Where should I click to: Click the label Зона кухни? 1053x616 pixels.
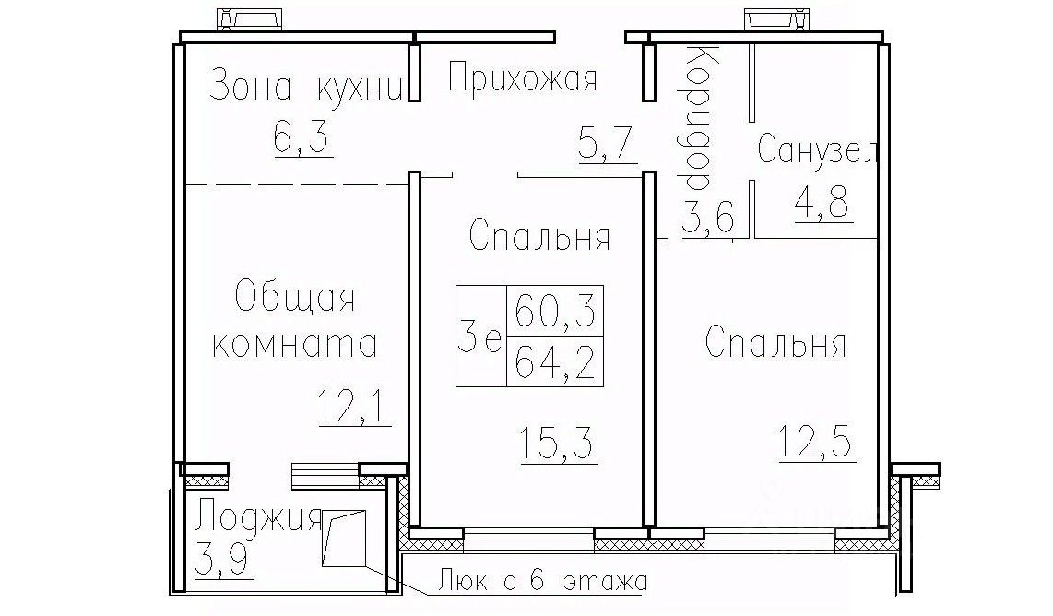click(x=307, y=87)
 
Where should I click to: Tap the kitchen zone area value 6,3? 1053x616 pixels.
click(x=302, y=137)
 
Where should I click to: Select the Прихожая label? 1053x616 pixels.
click(x=522, y=78)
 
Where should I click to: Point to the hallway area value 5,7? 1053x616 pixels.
click(x=607, y=142)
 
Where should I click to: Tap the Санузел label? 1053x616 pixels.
click(x=817, y=148)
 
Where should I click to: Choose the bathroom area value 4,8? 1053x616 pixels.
click(x=823, y=202)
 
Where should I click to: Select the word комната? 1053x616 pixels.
click(x=294, y=344)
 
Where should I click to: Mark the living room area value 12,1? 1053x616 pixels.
click(x=353, y=406)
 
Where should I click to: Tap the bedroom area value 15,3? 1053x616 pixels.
click(x=558, y=444)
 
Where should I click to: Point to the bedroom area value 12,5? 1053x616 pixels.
click(x=816, y=440)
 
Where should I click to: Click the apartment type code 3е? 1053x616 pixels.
click(x=480, y=336)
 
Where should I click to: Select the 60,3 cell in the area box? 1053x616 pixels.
click(x=555, y=311)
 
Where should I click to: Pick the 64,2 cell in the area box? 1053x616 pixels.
click(x=555, y=362)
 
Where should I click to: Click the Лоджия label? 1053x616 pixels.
click(x=258, y=518)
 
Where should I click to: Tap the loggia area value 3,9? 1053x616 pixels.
click(x=223, y=559)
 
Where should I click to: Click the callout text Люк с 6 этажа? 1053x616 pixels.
click(x=542, y=580)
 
